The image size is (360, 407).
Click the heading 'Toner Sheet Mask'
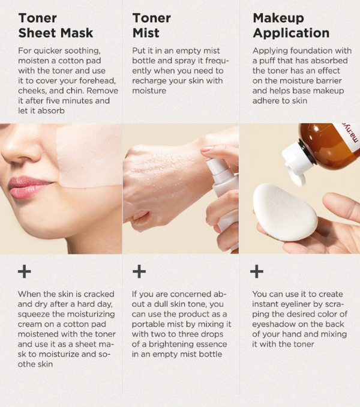56,25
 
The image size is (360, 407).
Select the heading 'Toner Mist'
151,25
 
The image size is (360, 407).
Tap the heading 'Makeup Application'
291,25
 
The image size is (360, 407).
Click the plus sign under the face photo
25,271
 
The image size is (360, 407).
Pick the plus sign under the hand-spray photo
139,271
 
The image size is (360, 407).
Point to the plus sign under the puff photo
257,271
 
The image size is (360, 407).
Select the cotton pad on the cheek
89,156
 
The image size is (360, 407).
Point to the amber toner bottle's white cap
297,162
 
